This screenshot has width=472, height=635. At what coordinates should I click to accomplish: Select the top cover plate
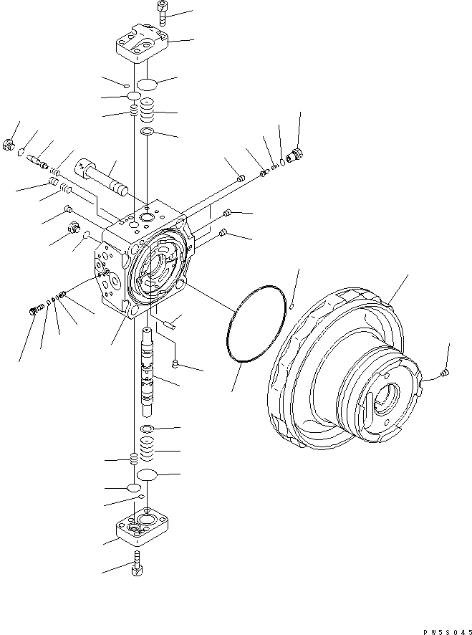142,44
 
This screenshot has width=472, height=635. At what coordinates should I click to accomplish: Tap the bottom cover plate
142,526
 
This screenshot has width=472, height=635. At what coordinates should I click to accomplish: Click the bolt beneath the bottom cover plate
137,563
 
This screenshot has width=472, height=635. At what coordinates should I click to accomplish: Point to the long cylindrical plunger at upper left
101,177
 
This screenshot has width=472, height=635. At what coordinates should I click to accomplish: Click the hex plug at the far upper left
8,144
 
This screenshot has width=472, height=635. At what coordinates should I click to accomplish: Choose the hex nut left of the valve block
73,228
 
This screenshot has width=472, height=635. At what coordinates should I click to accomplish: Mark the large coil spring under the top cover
148,110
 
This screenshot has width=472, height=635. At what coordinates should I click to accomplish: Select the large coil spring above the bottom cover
148,449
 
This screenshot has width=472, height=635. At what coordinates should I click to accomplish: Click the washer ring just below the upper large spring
147,132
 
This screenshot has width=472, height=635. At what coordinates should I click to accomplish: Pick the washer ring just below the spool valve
147,429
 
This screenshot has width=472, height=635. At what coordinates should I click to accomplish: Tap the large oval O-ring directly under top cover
147,85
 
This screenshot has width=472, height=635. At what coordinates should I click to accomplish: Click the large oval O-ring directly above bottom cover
147,474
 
